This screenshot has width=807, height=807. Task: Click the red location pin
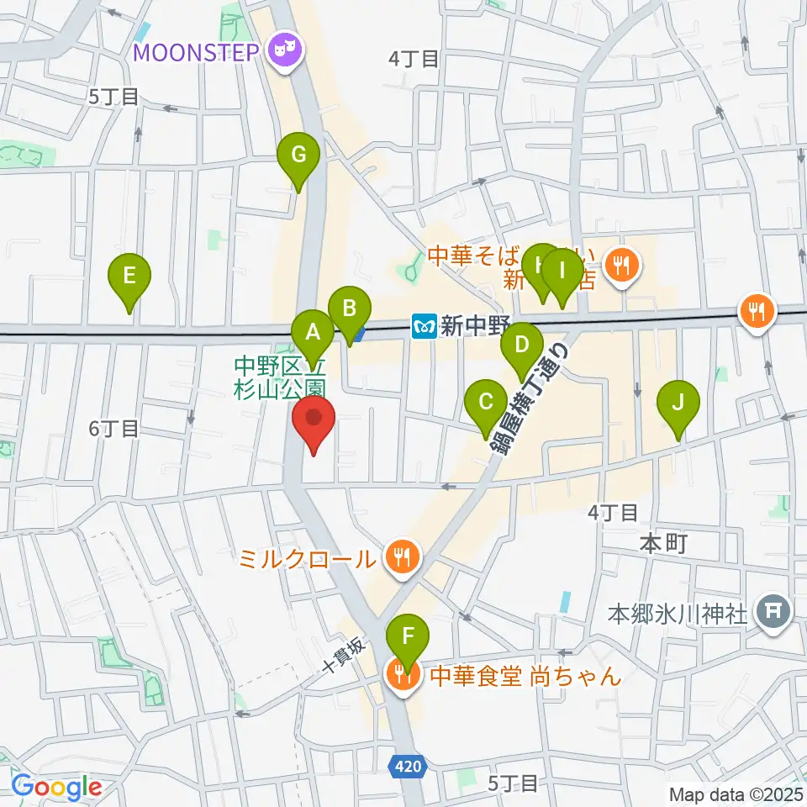point(314,423)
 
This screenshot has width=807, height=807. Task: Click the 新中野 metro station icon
point(425,324)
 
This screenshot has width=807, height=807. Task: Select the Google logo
point(56,788)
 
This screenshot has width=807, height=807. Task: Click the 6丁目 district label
point(113,429)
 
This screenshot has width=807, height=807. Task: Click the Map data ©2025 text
point(736,794)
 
